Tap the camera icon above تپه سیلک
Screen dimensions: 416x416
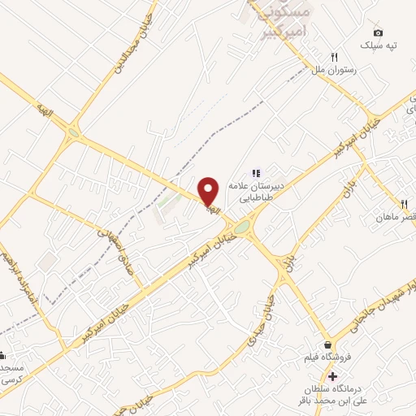377,31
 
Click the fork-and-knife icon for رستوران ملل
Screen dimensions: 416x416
333,57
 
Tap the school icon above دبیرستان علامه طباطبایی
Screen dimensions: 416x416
256,172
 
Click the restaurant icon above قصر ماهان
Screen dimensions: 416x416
403,203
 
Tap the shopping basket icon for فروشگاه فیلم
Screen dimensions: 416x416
328,344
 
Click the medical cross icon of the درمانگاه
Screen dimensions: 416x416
332,376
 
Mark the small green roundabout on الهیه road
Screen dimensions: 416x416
74,131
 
